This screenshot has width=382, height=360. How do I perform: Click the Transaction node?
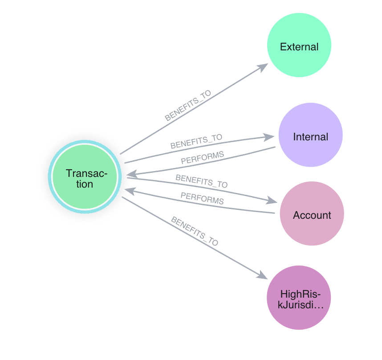coord(85,177)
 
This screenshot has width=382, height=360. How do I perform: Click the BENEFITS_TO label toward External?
coord(188,106)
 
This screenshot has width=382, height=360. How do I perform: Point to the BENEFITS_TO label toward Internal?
coord(196,141)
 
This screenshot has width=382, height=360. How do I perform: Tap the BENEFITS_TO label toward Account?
coord(201,181)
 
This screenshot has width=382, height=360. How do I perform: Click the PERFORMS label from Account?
coord(202,198)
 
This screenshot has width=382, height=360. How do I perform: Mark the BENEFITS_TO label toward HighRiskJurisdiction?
coord(195,232)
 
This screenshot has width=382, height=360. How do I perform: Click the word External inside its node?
coord(299,47)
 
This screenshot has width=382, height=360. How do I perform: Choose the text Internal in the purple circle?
coord(310,137)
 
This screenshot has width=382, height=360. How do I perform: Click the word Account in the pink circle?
coord(312,215)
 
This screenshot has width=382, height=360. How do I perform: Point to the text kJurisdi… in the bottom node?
coord(299,306)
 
